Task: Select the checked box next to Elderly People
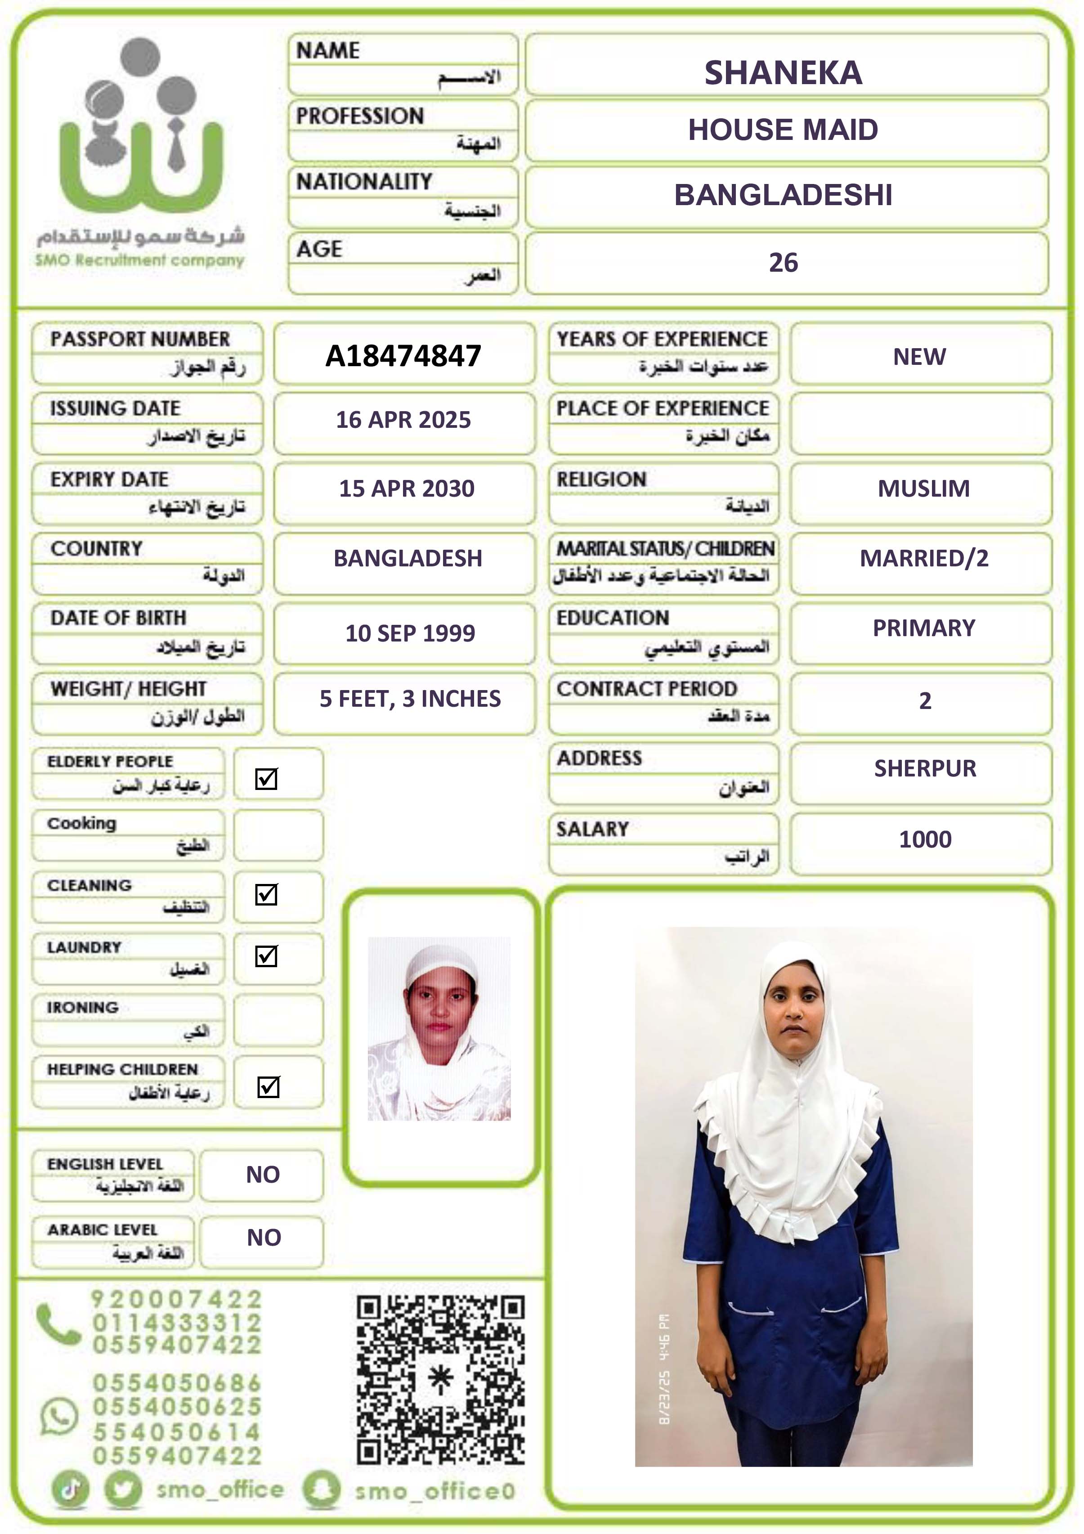pos(266,778)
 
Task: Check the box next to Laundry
pos(266,956)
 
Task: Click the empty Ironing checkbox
pos(278,1020)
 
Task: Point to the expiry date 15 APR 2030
pos(406,489)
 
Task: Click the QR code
pos(440,1380)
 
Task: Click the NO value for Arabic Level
pos(264,1238)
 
